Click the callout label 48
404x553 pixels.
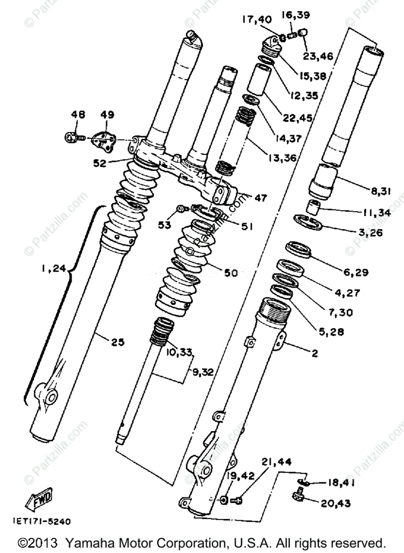pyautogui.click(x=77, y=114)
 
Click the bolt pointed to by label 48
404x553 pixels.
pyautogui.click(x=72, y=137)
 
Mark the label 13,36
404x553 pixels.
pyautogui.click(x=281, y=157)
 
